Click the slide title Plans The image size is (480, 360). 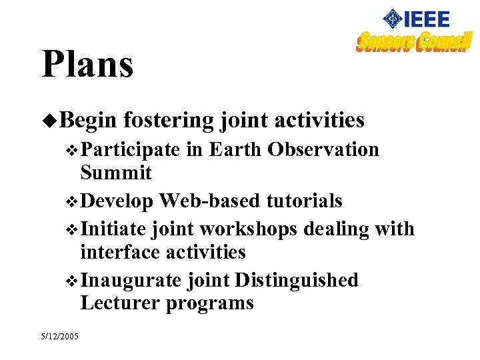[x=87, y=65]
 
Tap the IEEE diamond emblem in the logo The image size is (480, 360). [x=393, y=19]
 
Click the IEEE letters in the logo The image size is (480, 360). [x=428, y=19]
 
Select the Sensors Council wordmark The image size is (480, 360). [x=413, y=42]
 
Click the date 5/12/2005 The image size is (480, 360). [x=59, y=336]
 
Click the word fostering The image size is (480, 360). [x=168, y=120]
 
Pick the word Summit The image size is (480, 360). [x=116, y=173]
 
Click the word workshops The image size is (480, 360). [x=248, y=229]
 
